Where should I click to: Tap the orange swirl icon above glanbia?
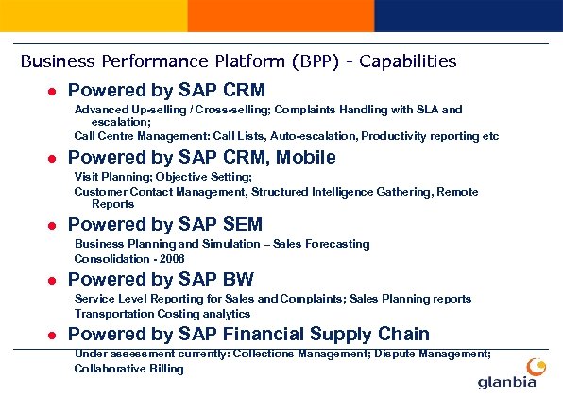click(535, 366)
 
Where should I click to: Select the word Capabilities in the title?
click(407, 61)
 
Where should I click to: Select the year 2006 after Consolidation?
click(172, 258)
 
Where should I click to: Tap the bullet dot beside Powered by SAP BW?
click(54, 280)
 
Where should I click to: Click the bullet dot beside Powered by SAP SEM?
click(54, 225)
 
